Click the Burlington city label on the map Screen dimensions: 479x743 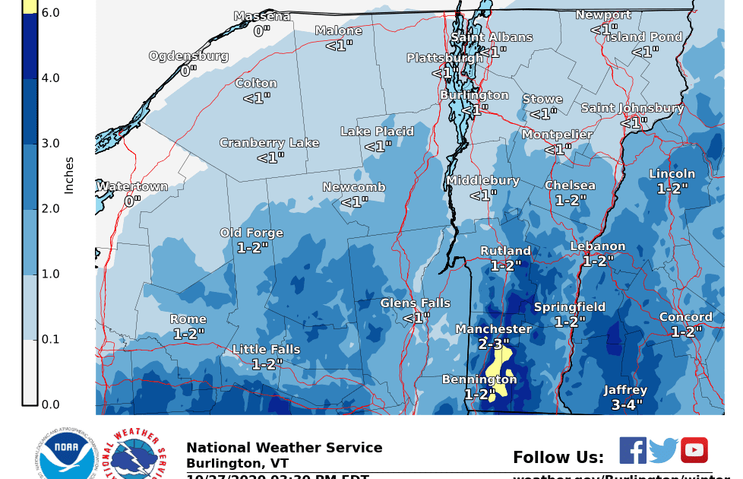[x=475, y=95]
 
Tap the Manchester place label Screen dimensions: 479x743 [x=493, y=329]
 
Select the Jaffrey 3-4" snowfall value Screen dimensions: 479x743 [x=627, y=405]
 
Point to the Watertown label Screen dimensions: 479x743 [x=132, y=187]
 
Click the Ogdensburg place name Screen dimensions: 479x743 [x=188, y=56]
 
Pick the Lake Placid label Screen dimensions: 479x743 [x=377, y=132]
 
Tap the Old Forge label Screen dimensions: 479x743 [x=251, y=233]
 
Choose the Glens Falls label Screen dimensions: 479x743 [x=416, y=303]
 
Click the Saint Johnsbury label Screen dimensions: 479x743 [x=633, y=108]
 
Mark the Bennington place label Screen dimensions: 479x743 [x=479, y=379]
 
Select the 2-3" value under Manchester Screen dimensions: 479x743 [x=494, y=344]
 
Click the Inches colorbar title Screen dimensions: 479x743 [x=69, y=176]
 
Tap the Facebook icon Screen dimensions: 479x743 [x=632, y=450]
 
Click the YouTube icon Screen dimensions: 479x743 [x=694, y=450]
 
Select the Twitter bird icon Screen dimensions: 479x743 [x=663, y=451]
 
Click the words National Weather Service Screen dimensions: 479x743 [x=284, y=448]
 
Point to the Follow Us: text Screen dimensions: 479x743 [x=558, y=458]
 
